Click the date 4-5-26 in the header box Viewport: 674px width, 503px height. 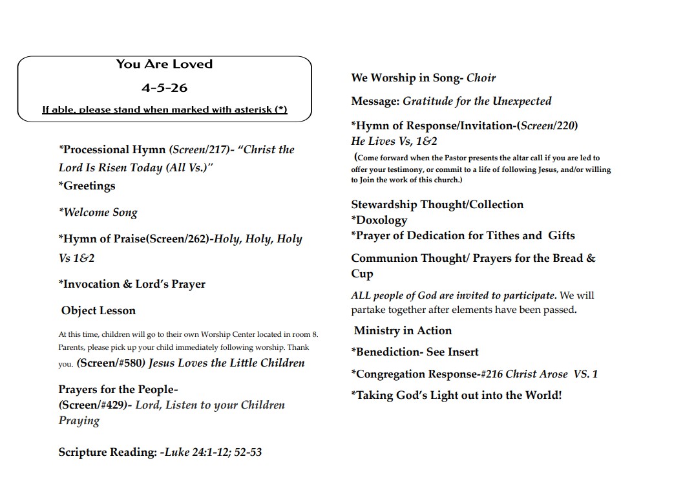coord(164,87)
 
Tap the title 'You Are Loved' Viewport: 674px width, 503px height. coord(164,64)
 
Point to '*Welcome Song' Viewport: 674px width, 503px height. coord(98,213)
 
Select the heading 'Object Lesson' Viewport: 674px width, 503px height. coord(98,311)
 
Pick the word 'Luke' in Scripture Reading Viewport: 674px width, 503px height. coord(176,453)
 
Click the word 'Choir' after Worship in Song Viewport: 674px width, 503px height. coord(481,78)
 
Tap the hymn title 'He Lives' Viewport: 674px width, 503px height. coord(373,142)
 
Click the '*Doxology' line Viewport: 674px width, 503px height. coord(379,220)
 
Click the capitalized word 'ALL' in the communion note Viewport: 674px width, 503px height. coord(361,296)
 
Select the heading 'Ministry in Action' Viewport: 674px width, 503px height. coord(403,331)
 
